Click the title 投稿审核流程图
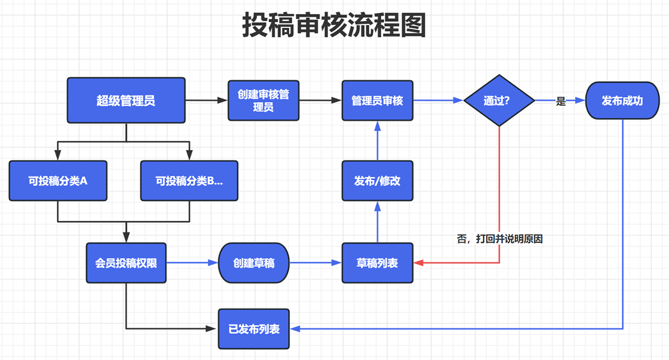[x=334, y=25]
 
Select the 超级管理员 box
[x=126, y=100]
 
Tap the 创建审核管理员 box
[x=264, y=100]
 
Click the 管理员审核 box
[x=377, y=101]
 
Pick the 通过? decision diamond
[x=499, y=101]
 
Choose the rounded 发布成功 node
[x=622, y=101]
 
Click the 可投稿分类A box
[x=58, y=181]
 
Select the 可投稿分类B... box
[x=189, y=181]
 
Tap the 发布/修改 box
[x=377, y=181]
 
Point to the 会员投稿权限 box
[x=126, y=262]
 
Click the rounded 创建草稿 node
[x=254, y=262]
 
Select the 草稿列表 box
[x=377, y=262]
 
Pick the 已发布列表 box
[x=254, y=328]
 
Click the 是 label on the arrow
[x=561, y=101]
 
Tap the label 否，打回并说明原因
[x=500, y=239]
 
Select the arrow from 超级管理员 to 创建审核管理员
[x=206, y=100]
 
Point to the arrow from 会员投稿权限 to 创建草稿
[x=192, y=262]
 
